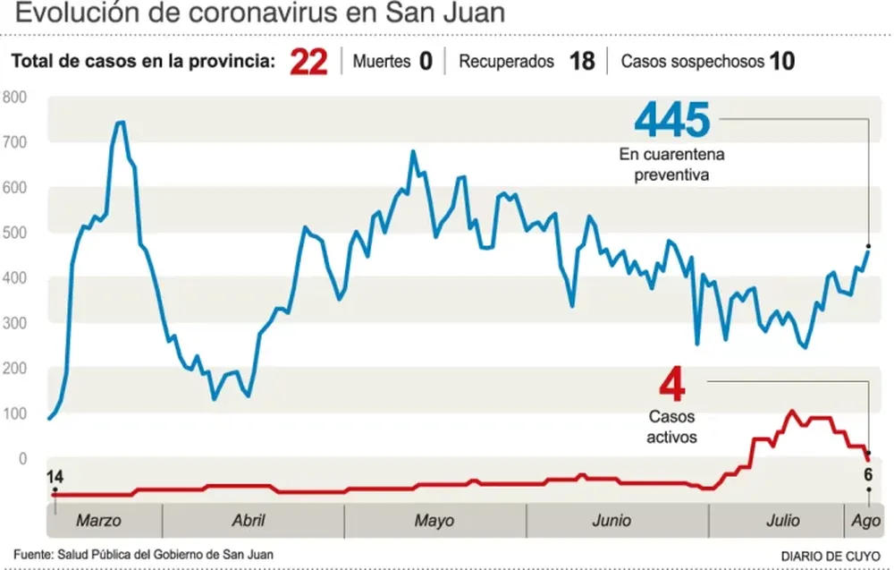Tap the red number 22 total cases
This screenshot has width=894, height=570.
coord(309,63)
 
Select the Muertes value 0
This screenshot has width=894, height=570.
coord(426,62)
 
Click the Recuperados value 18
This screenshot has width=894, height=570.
coord(582,62)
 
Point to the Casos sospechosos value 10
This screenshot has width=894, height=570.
coord(782,62)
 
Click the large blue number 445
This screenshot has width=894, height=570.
coord(671,120)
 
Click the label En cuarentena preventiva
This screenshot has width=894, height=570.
coord(671,165)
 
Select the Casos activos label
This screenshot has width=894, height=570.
coord(671,427)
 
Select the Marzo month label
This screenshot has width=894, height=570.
coord(98,521)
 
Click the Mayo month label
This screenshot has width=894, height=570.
coord(434,521)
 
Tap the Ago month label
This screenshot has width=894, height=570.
coord(863,521)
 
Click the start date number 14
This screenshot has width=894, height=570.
coord(55,476)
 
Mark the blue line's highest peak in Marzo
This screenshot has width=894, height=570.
coord(120,123)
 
